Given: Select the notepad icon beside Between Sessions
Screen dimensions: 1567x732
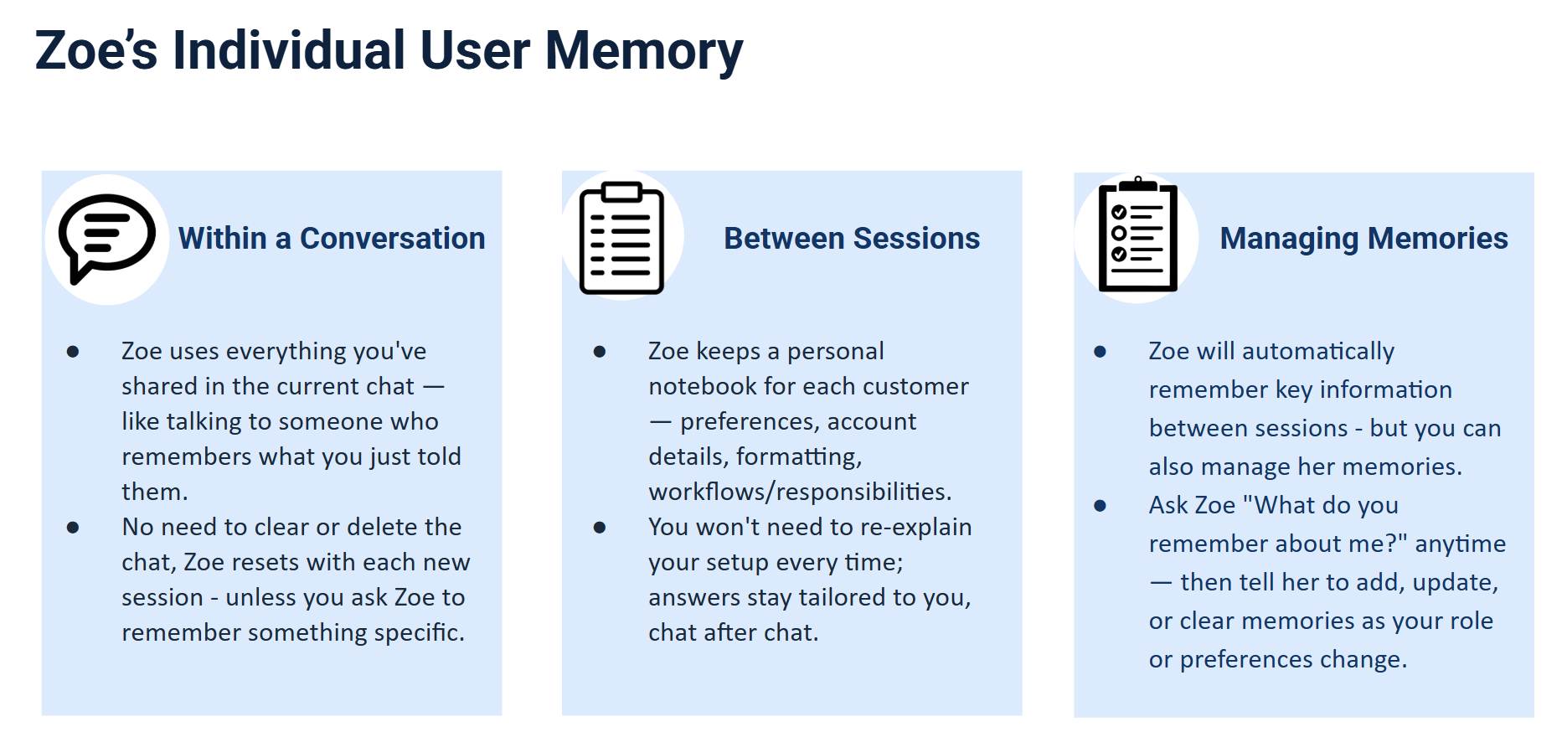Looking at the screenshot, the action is (x=621, y=238).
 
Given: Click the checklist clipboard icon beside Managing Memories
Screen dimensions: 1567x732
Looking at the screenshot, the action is (x=1137, y=235).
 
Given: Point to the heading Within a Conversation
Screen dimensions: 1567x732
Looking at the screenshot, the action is (x=332, y=239).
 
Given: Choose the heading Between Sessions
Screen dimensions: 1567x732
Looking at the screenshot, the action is (x=852, y=239).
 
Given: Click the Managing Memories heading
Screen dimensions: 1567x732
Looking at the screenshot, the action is (x=1363, y=240).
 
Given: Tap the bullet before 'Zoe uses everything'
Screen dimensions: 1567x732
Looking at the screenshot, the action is (x=73, y=352).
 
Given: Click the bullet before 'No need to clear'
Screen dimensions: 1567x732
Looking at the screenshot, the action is (x=73, y=528).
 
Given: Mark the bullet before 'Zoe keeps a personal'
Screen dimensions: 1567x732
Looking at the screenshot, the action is (x=600, y=352).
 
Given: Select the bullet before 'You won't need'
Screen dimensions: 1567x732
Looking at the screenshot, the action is (x=600, y=528).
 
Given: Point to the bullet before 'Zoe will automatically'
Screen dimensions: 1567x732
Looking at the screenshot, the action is (x=1101, y=352).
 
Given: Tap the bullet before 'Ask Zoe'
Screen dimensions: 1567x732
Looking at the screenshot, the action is (x=1101, y=506).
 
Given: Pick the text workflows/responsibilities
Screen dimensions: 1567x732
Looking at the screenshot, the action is (x=800, y=492).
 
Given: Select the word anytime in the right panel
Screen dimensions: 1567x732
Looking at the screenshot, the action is (x=1461, y=544).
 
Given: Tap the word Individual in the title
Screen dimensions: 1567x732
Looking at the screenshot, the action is (x=290, y=50).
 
